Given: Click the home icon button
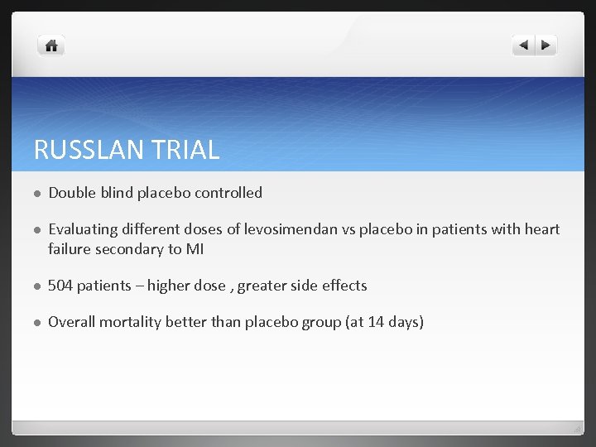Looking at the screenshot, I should click(x=51, y=46).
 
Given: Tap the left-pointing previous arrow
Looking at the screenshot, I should click(x=524, y=46).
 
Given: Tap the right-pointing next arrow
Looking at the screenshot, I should click(x=546, y=46).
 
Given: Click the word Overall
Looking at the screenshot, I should click(x=71, y=322).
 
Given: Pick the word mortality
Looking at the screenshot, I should click(x=130, y=322).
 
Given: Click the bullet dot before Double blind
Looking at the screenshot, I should click(x=37, y=194).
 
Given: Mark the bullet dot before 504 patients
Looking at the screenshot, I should click(x=37, y=286).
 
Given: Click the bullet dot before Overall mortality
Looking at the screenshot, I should click(x=37, y=323).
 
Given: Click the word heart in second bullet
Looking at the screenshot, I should click(x=543, y=229).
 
